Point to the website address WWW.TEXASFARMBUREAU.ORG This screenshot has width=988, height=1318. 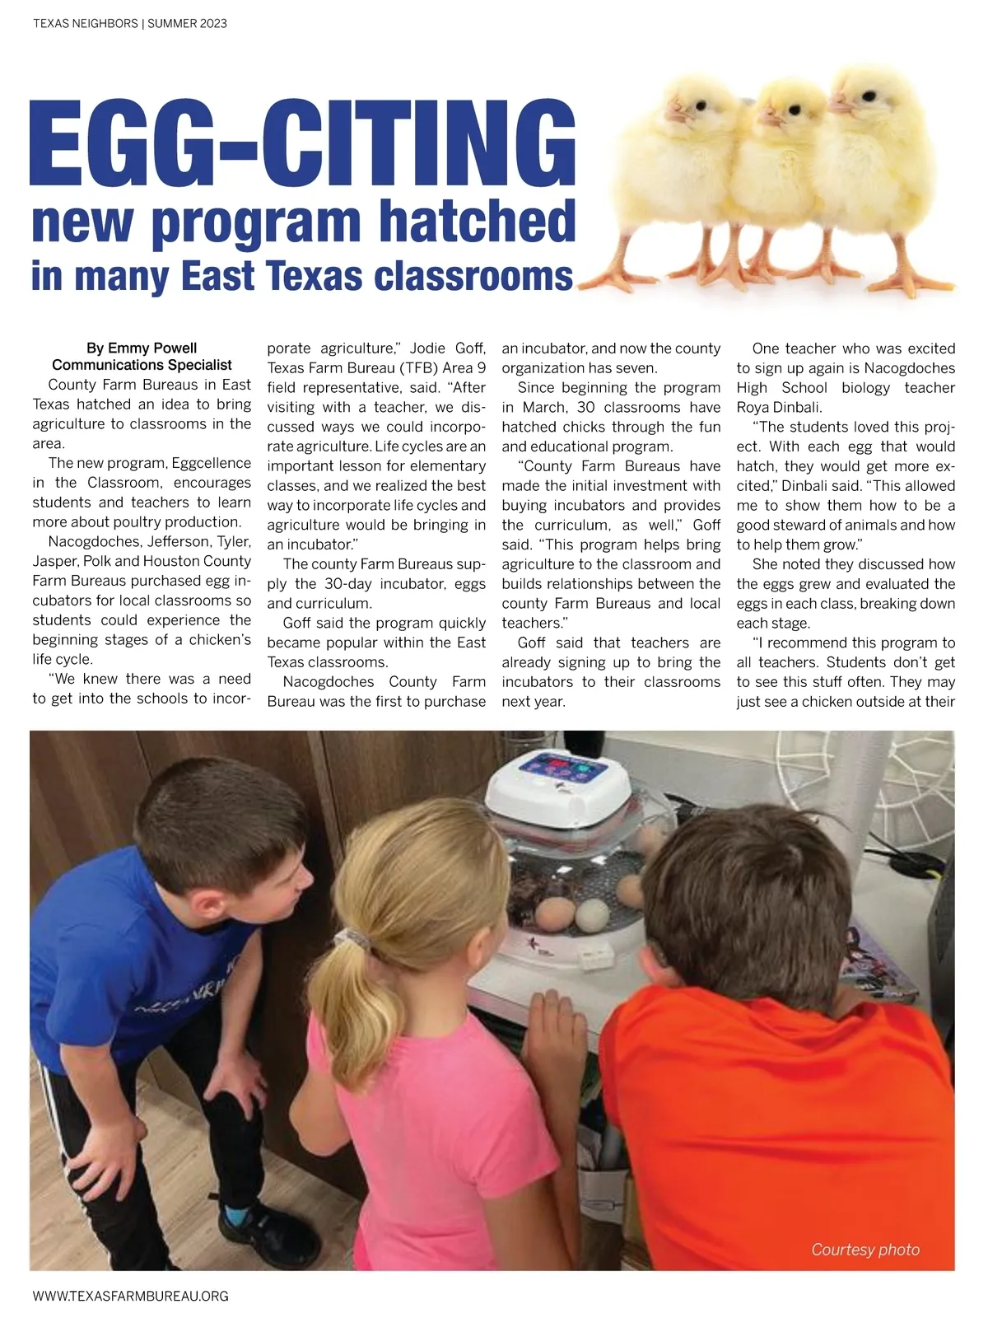coord(130,1296)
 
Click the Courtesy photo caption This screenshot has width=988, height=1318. coord(864,1250)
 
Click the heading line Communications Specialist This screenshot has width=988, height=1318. coord(142,365)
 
